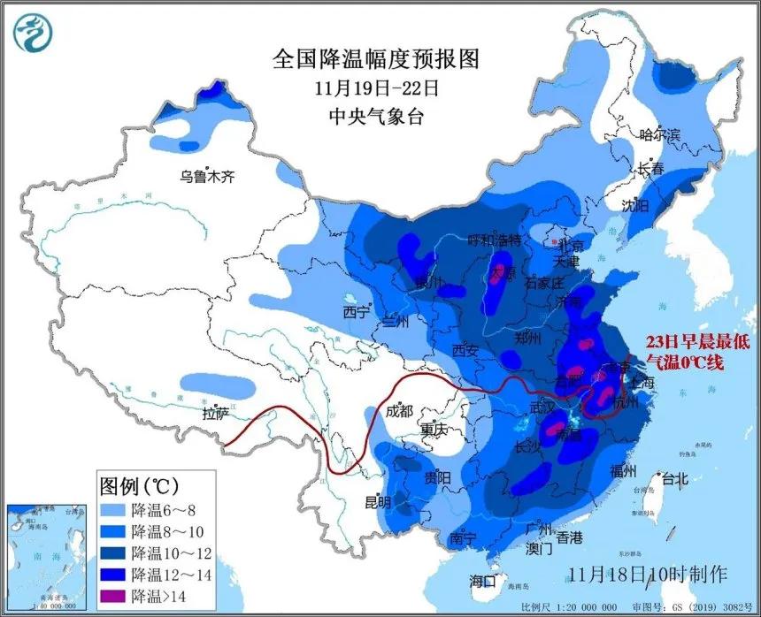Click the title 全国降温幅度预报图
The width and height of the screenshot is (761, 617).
tap(376, 59)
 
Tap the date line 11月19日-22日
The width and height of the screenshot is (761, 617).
tap(376, 88)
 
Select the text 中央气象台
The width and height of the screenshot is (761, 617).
tap(376, 116)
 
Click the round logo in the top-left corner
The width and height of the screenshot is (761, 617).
tap(34, 33)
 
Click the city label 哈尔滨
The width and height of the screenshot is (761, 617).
tap(659, 135)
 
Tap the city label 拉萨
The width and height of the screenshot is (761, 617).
tap(215, 413)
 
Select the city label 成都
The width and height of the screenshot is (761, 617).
tap(400, 410)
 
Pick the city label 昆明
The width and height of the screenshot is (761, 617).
tap(378, 502)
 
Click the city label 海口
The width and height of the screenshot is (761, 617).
tap(484, 581)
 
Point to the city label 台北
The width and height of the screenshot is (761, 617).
tap(673, 480)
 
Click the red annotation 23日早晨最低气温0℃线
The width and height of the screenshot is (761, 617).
tap(686, 351)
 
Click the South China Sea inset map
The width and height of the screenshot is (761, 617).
tap(43, 556)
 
